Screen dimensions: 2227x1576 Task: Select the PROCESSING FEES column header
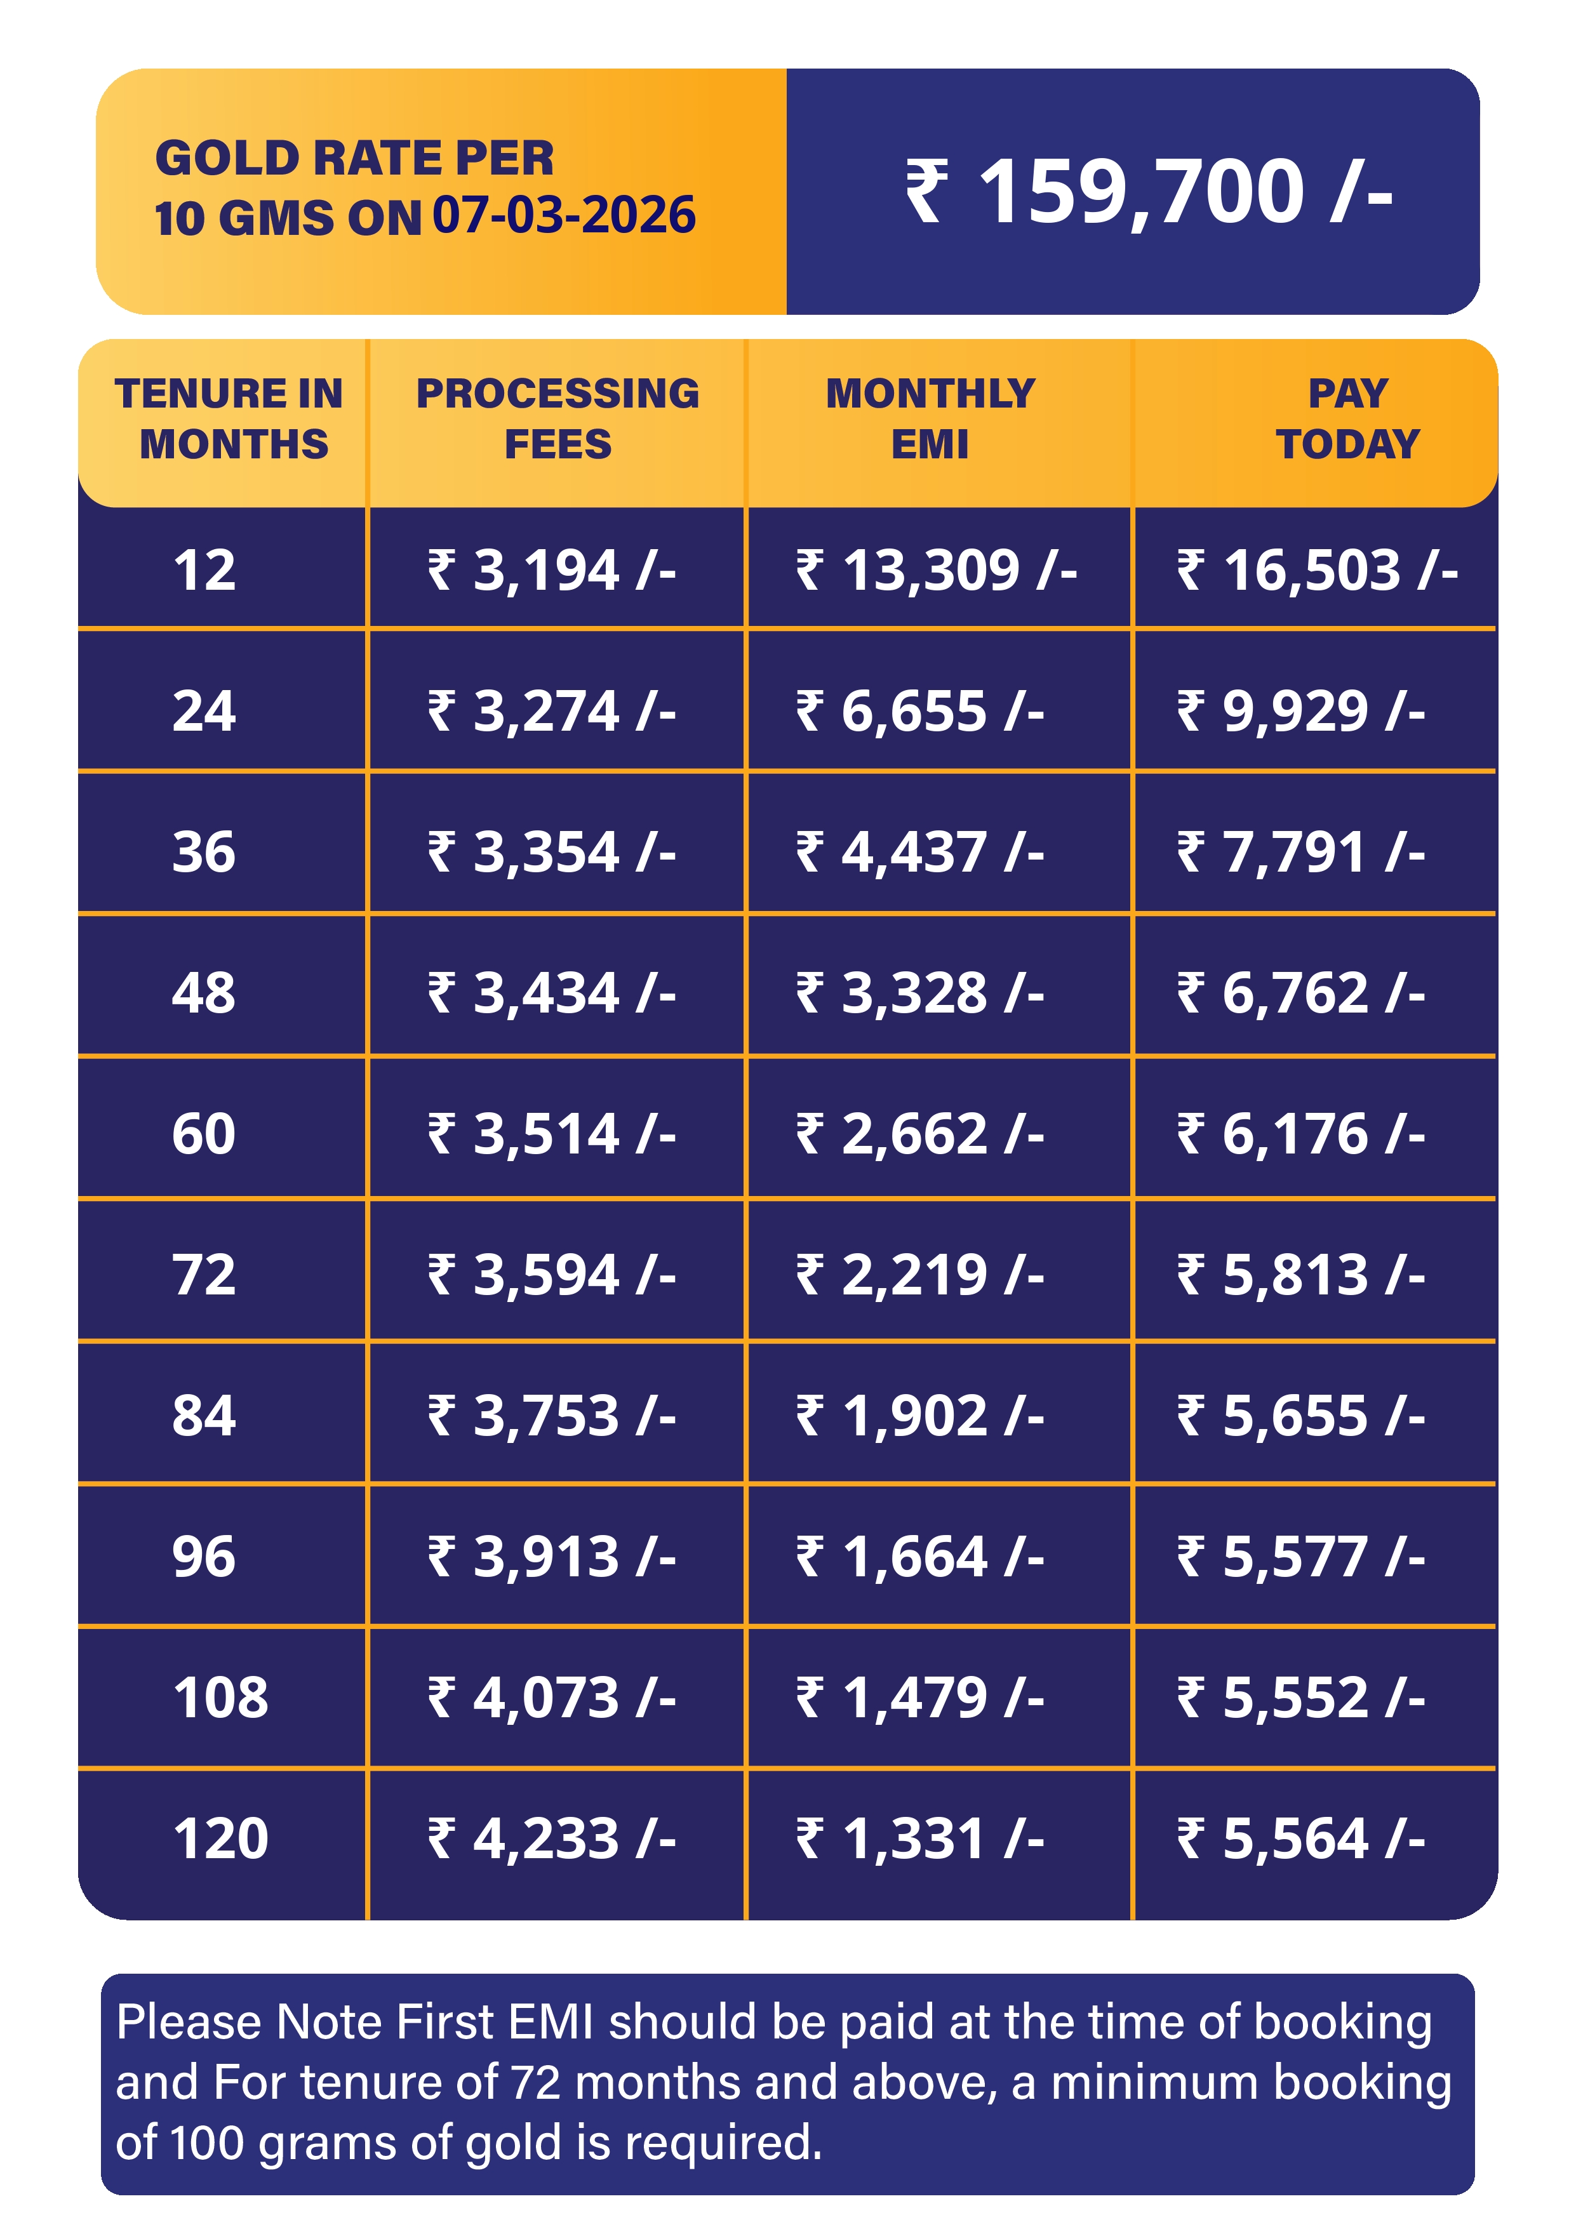tap(558, 418)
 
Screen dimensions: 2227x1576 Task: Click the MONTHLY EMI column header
tap(930, 418)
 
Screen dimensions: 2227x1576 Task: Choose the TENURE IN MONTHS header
tap(230, 418)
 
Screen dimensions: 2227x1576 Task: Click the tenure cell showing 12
tap(204, 570)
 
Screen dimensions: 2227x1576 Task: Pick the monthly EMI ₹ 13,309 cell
tap(937, 570)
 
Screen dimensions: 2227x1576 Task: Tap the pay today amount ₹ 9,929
tap(1300, 711)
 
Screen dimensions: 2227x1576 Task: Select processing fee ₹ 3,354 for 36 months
tap(551, 853)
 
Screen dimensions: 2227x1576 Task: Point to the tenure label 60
tap(204, 1134)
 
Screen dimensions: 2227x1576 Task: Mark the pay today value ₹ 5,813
tap(1300, 1275)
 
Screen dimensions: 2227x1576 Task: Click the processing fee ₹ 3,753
tap(551, 1416)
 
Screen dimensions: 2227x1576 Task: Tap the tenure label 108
tap(220, 1698)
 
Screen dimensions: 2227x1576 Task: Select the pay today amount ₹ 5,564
tap(1300, 1839)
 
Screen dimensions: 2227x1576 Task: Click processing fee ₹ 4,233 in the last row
tap(551, 1839)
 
